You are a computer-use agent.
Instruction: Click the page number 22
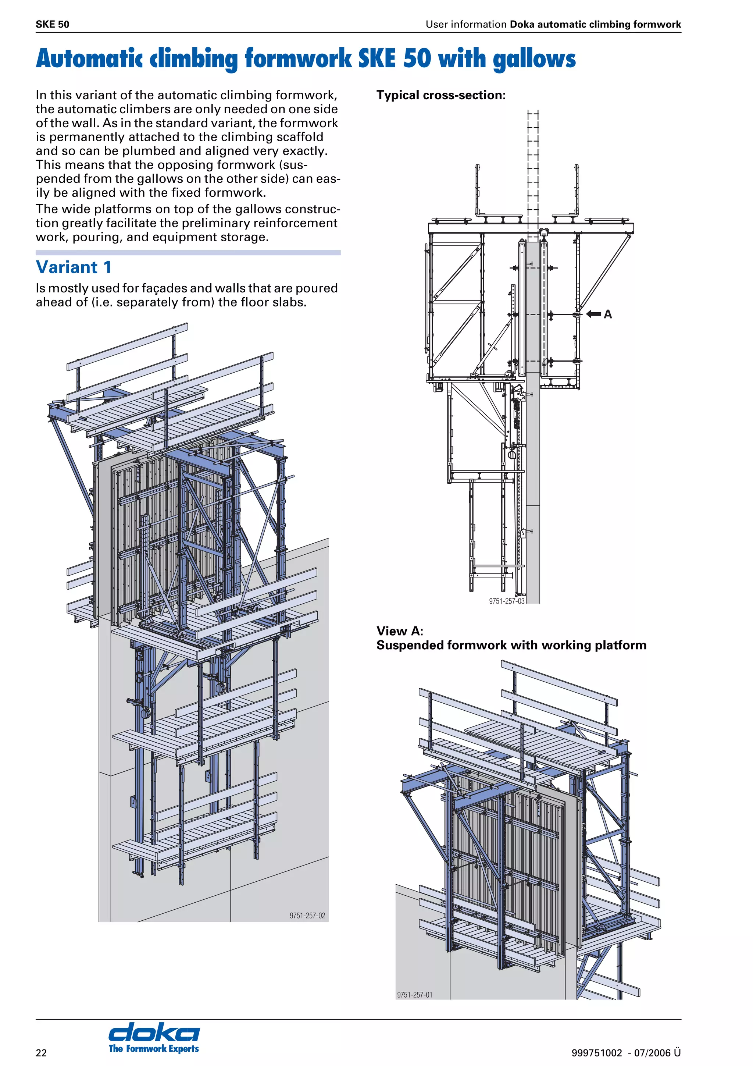point(41,1052)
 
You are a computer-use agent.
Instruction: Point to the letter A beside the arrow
point(608,315)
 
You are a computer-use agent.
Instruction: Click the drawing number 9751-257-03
point(507,601)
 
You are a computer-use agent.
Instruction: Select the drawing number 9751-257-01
point(414,995)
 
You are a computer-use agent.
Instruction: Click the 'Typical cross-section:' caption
point(441,95)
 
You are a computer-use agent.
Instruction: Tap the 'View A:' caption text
point(399,631)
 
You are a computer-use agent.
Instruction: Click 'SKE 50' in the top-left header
point(53,24)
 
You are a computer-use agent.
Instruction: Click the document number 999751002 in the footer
point(596,1052)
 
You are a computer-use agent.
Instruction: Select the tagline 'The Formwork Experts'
point(154,1048)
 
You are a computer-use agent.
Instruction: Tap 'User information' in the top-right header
point(465,24)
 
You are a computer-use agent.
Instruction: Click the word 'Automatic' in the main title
point(89,60)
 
